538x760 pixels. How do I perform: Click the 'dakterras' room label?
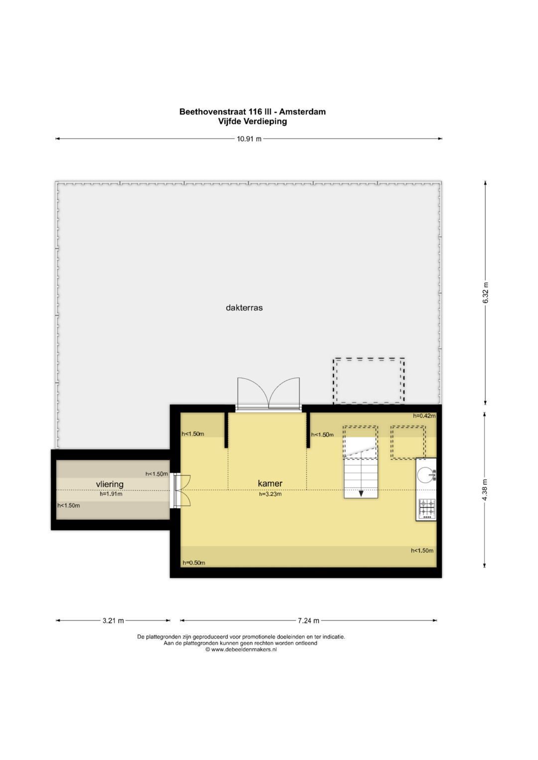click(x=244, y=308)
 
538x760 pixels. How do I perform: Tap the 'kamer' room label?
click(x=270, y=483)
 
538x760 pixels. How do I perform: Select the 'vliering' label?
click(x=110, y=484)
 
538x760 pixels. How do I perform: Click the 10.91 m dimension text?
click(x=249, y=139)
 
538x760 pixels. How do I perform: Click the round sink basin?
click(x=426, y=475)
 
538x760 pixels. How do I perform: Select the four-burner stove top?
click(x=427, y=508)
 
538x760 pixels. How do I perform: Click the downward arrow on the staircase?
click(x=361, y=493)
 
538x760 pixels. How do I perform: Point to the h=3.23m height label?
click(x=270, y=494)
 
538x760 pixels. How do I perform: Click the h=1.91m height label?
click(x=111, y=494)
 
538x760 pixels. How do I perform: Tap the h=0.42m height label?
click(x=424, y=415)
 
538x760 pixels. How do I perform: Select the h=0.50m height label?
click(x=194, y=562)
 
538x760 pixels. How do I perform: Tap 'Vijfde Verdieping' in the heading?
click(x=253, y=121)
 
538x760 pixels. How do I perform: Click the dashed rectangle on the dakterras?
click(x=369, y=381)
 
